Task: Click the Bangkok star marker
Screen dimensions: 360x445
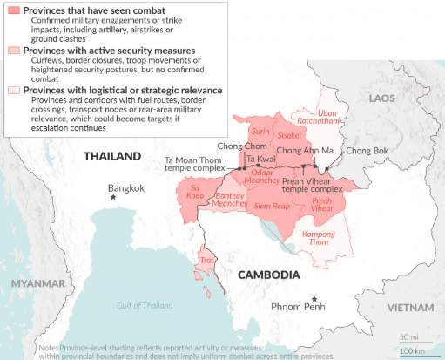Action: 112,199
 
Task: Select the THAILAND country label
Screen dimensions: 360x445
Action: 111,156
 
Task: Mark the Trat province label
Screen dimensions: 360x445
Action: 206,260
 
